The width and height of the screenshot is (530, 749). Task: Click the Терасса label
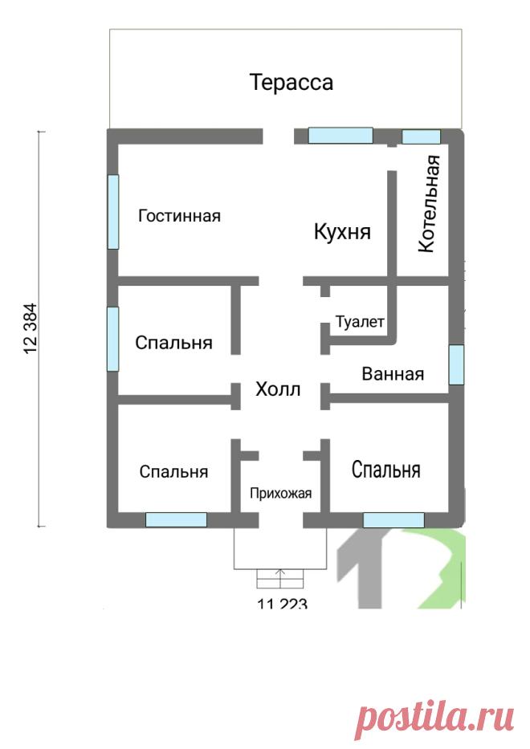point(291,83)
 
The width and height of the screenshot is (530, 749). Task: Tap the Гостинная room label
point(179,216)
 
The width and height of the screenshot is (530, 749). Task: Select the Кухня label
point(342,232)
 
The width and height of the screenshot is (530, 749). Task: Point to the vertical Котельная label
point(429,203)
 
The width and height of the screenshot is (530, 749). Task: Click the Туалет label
point(360,322)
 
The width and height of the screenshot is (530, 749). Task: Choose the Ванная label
point(393,373)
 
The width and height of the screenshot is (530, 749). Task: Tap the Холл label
point(278,389)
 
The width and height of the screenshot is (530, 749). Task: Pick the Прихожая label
point(280,493)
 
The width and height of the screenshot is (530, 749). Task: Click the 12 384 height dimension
point(30,328)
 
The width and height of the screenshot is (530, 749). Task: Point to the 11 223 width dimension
point(282,604)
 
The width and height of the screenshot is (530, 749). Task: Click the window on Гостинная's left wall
point(112,212)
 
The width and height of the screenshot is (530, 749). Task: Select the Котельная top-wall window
point(421,136)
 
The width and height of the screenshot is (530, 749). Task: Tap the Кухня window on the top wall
point(340,135)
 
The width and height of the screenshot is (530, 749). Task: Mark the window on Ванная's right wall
point(456,364)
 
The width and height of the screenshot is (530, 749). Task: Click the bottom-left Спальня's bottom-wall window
point(176,519)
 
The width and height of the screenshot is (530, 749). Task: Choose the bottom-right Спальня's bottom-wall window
point(393,519)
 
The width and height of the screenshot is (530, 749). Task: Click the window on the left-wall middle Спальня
point(112,339)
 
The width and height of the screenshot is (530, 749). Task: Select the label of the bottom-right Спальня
point(386,470)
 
